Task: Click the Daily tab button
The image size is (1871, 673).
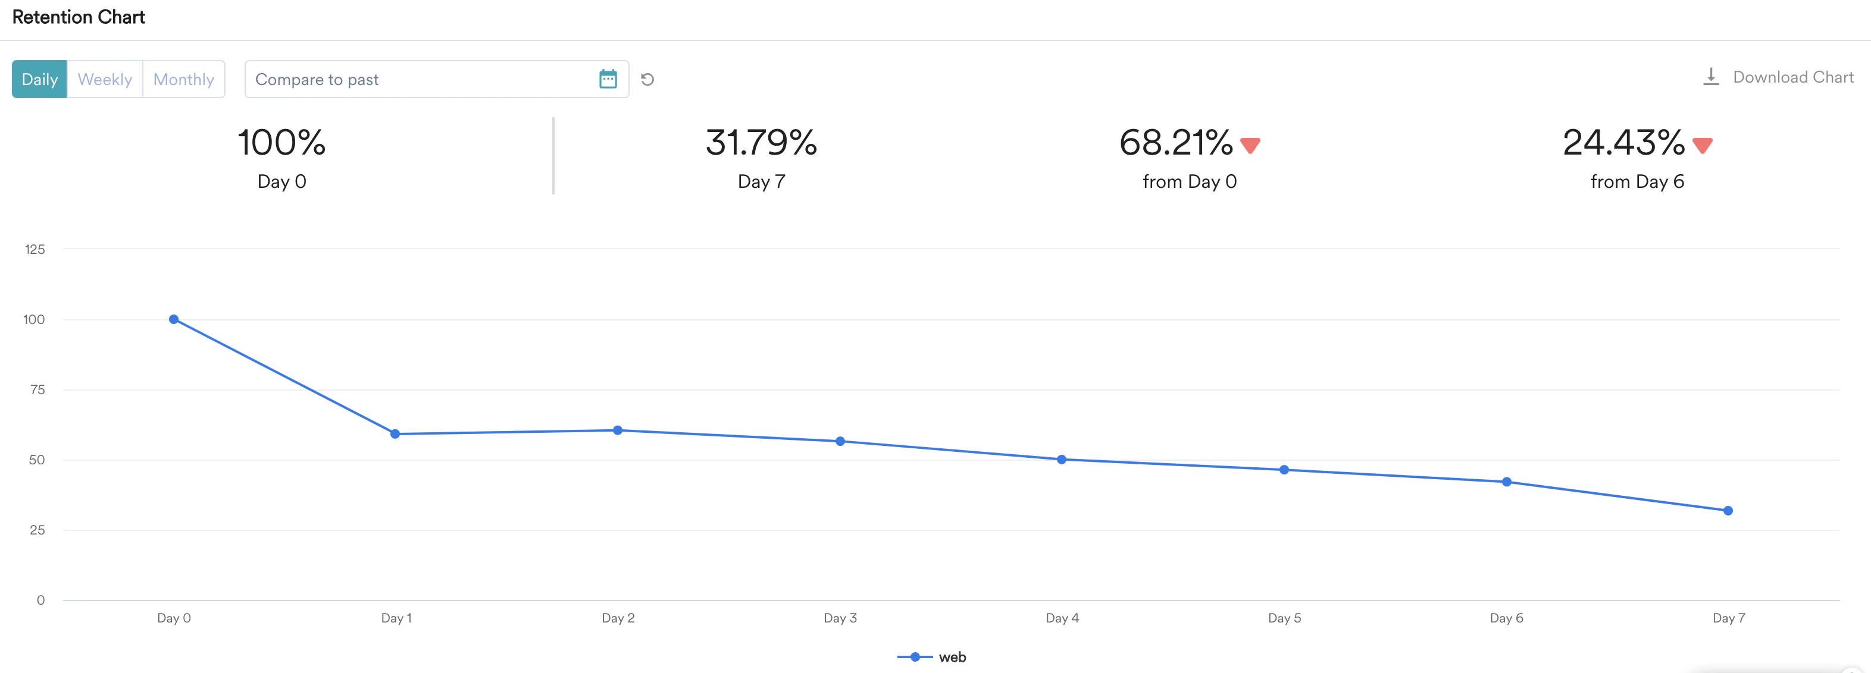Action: click(39, 79)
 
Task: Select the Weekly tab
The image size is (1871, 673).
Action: click(105, 79)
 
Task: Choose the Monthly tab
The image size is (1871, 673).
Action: click(184, 79)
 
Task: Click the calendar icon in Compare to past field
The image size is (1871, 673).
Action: click(608, 79)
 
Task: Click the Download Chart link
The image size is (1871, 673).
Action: click(1779, 77)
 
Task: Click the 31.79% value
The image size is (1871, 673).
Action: click(761, 142)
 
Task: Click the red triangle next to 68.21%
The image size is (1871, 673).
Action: click(1250, 145)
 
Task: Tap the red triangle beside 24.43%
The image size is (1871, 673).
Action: click(1703, 145)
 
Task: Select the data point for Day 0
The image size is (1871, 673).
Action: click(174, 319)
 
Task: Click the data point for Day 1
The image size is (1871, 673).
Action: click(395, 434)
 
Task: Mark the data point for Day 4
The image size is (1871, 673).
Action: click(1062, 460)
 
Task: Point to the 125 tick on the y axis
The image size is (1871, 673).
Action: click(35, 249)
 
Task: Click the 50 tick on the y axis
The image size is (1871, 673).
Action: click(37, 460)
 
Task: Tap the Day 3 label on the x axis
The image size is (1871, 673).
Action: click(840, 618)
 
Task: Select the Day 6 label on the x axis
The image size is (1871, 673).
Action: click(1506, 618)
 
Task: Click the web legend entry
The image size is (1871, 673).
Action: click(933, 657)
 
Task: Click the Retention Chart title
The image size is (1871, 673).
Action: click(79, 17)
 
